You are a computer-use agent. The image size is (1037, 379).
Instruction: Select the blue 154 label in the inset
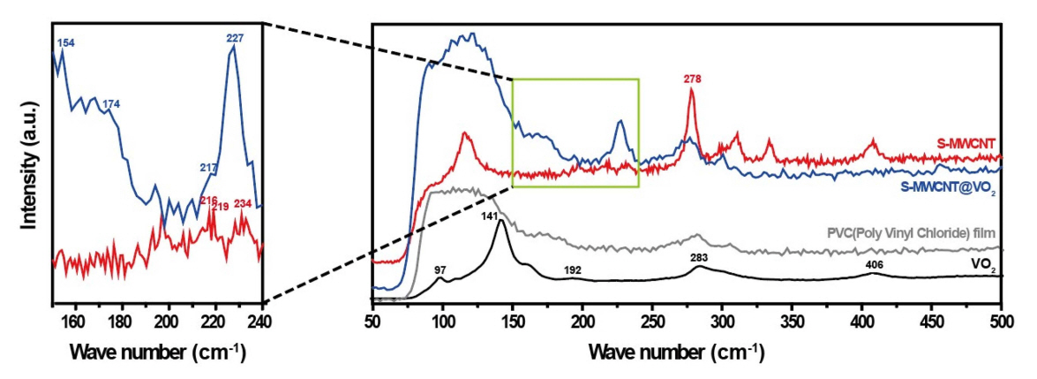[66, 42]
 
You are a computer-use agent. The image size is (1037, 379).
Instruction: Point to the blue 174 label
[111, 104]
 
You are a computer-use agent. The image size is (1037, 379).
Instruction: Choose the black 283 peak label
[697, 258]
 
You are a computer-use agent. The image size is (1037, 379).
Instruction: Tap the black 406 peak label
[875, 264]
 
